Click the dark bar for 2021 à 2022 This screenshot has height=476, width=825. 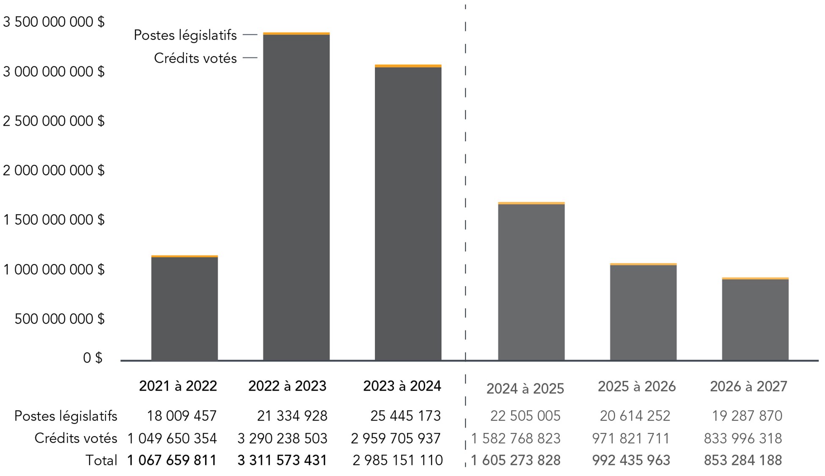[184, 309]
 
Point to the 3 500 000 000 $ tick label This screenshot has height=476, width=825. [54, 22]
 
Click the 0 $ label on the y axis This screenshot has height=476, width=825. [93, 358]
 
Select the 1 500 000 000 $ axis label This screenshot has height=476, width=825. [54, 220]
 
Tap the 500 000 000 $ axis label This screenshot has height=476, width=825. [59, 319]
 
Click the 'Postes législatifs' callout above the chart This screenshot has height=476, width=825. [185, 35]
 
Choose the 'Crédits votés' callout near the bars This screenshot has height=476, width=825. [195, 58]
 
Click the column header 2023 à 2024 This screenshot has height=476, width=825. [402, 386]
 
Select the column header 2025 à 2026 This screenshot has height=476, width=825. [636, 386]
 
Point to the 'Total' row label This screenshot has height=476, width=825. [101, 460]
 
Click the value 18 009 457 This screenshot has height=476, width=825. [181, 416]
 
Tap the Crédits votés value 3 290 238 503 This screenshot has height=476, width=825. [282, 438]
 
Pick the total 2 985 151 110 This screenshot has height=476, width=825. [397, 460]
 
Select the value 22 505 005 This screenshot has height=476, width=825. [525, 416]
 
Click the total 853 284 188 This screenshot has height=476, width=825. [742, 460]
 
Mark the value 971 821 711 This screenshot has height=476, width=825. [630, 438]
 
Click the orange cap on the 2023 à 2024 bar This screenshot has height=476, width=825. [408, 66]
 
